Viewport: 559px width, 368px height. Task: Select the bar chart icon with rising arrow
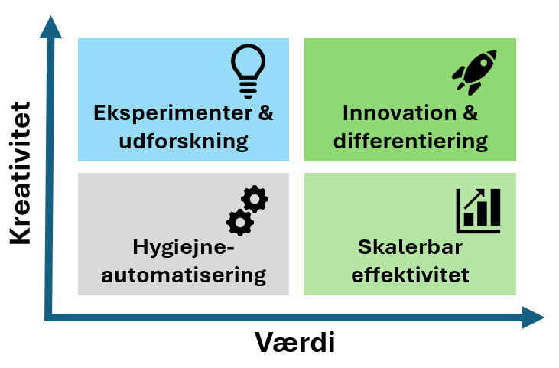[478, 211]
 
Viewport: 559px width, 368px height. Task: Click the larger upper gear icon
[255, 199]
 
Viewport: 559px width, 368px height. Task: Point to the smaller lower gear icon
[240, 222]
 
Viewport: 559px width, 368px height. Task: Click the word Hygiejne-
[181, 247]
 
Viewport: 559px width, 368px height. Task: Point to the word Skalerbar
[411, 247]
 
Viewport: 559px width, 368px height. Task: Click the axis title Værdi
[294, 342]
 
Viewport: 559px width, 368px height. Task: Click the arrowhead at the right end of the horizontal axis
[532, 317]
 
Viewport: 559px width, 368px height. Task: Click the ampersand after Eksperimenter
[265, 113]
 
